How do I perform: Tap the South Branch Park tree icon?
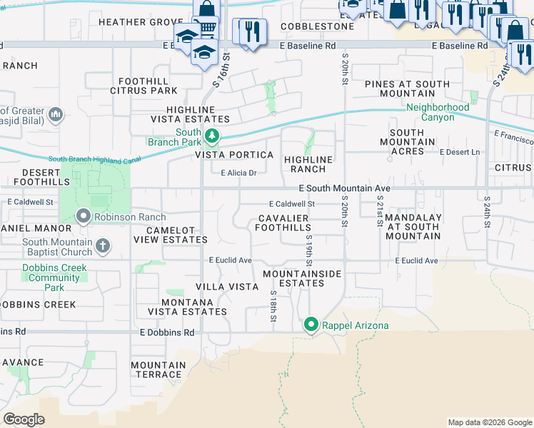coord(211,136)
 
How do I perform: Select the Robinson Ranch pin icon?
coord(84,216)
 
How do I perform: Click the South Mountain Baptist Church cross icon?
coord(103,246)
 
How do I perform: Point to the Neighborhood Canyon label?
coord(438,112)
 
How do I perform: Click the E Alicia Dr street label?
coord(238,173)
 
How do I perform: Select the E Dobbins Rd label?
coord(167,332)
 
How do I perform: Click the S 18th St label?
coord(273,305)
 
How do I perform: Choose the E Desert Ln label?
coord(460,152)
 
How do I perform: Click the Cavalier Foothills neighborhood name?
coord(283,223)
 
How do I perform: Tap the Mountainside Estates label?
coord(302,278)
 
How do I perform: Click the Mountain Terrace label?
coord(158,370)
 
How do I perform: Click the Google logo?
coord(24,419)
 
